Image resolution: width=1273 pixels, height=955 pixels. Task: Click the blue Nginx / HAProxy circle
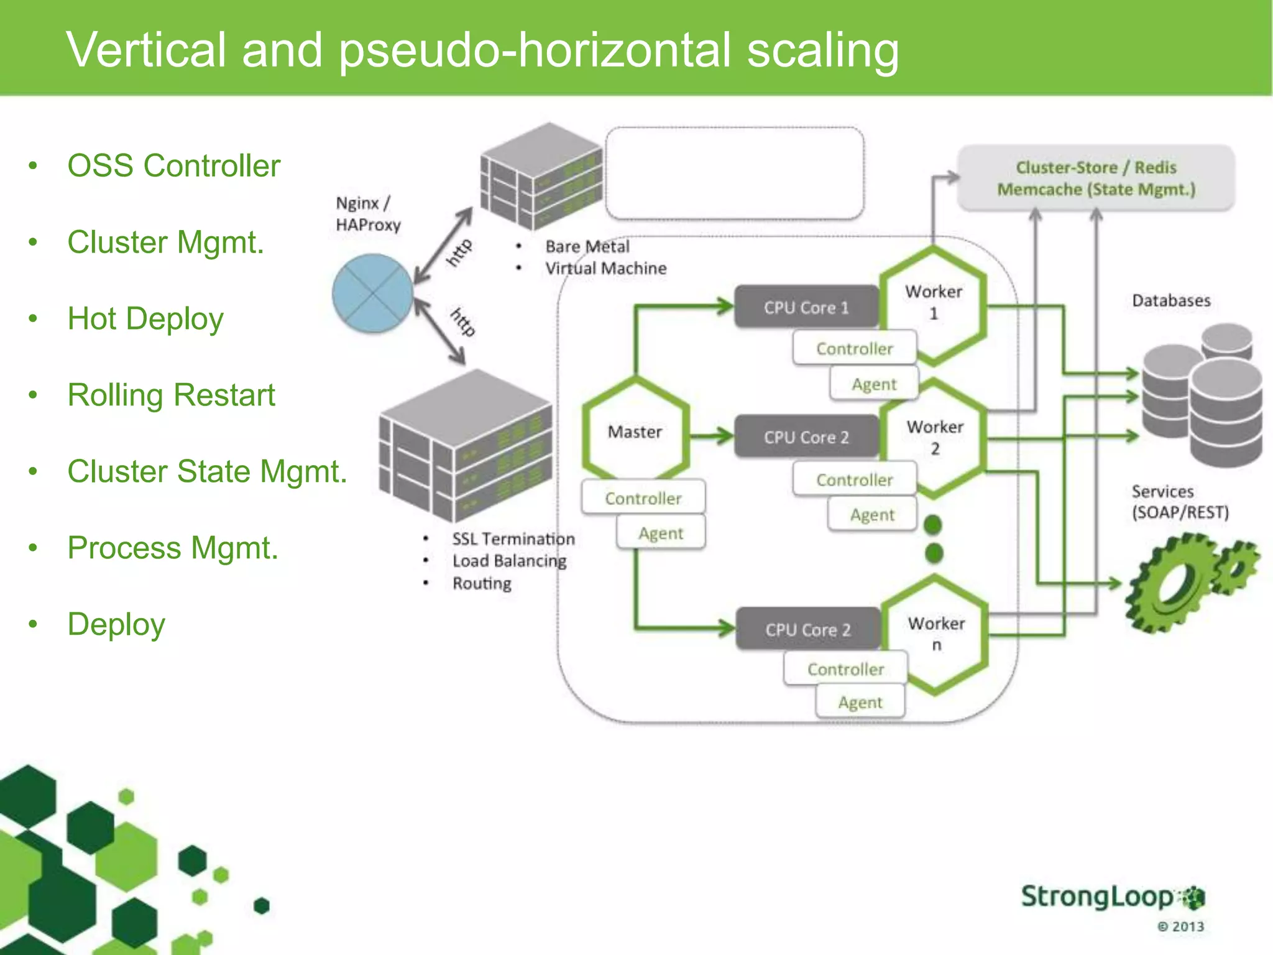372,293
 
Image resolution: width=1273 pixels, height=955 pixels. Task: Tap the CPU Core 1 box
806,307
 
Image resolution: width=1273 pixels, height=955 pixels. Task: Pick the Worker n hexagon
935,634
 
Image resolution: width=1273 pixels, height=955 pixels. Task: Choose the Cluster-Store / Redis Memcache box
1096,178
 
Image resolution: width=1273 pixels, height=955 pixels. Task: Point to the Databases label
1171,301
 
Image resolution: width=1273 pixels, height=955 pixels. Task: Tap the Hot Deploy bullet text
145,319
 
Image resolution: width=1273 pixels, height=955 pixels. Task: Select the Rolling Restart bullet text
171,395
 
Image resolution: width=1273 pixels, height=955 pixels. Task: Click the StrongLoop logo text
1097,897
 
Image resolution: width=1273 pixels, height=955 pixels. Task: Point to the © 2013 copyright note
1180,926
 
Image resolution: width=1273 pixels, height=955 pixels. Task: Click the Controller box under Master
643,498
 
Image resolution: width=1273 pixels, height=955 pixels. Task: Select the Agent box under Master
661,533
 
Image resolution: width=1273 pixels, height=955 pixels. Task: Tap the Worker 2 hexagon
935,438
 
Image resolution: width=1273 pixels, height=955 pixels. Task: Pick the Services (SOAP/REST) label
1180,502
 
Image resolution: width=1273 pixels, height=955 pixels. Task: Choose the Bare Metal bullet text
587,247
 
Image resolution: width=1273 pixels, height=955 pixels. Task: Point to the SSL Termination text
513,539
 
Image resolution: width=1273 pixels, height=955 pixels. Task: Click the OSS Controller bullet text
174,166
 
